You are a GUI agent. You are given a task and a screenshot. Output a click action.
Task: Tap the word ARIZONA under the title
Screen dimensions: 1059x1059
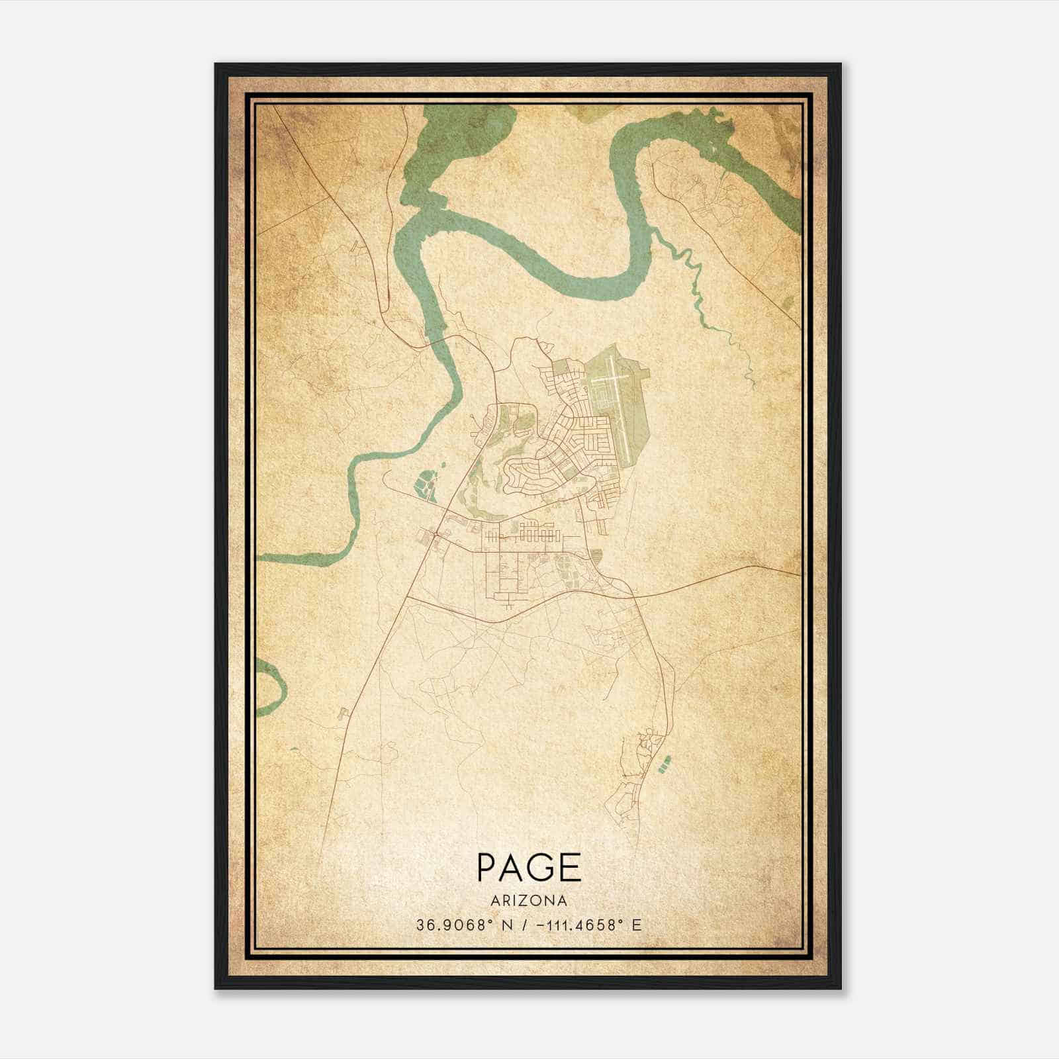[x=528, y=901]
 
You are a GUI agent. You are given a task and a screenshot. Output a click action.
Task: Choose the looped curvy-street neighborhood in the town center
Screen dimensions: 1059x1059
[x=523, y=473]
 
